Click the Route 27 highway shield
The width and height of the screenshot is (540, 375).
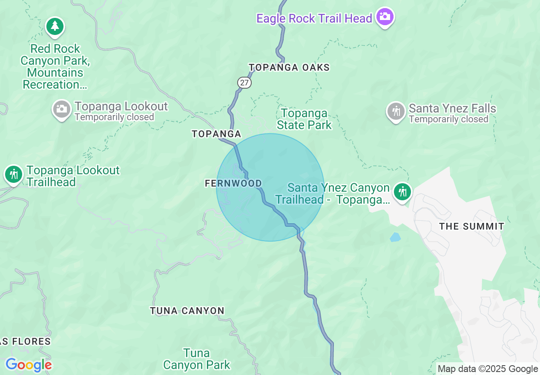244,83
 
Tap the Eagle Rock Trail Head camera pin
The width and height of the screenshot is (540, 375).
385,17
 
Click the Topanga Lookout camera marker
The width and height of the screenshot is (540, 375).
62,110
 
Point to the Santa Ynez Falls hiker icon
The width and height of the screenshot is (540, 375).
396,112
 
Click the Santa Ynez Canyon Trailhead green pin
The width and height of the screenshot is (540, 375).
402,191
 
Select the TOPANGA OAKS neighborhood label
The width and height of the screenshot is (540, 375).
289,67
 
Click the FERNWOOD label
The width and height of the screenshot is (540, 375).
233,183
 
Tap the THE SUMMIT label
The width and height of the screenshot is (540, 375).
471,226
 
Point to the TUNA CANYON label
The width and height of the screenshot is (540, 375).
187,311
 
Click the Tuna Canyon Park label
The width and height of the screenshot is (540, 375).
197,359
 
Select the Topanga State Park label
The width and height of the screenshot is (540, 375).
304,119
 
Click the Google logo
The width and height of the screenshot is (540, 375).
29,365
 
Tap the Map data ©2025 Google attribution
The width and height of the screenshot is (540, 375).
488,369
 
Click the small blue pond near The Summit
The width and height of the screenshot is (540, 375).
395,237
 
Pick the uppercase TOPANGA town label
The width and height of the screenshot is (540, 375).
216,134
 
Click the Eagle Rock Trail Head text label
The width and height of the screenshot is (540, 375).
314,18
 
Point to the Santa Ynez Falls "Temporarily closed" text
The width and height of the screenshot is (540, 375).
448,119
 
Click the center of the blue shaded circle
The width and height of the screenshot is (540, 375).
270,187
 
